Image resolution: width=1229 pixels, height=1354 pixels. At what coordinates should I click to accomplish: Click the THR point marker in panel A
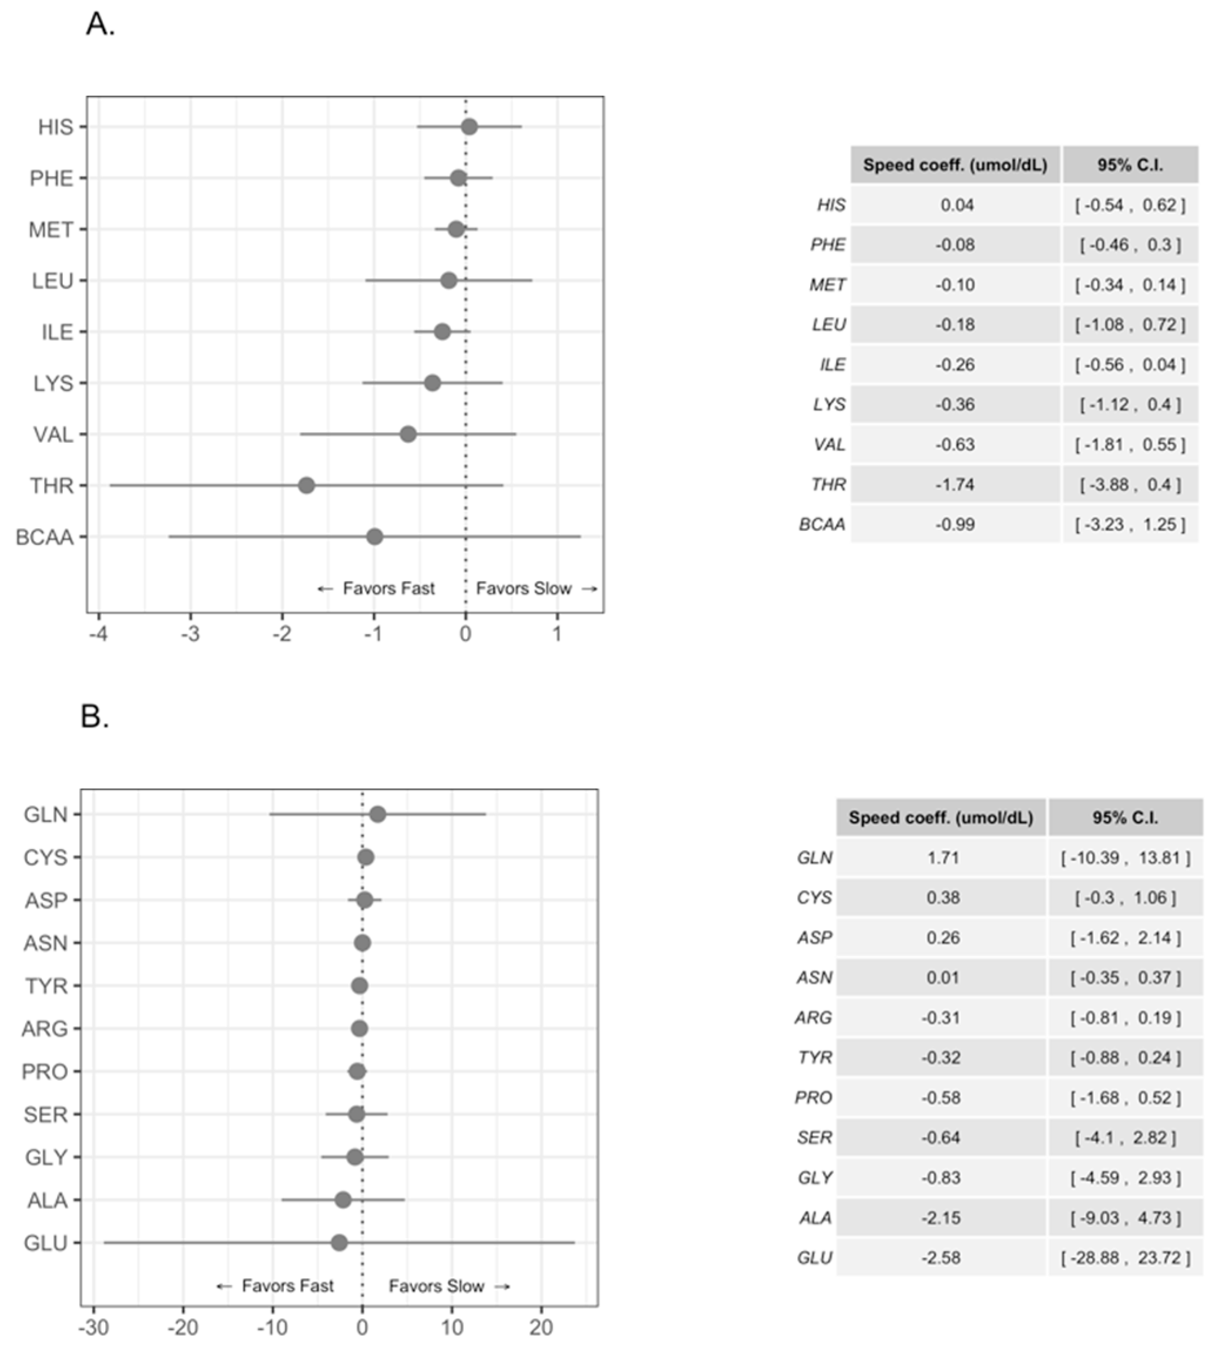307,485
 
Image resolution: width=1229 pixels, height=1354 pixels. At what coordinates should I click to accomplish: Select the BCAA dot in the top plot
375,537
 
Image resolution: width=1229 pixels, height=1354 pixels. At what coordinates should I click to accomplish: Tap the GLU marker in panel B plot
340,1242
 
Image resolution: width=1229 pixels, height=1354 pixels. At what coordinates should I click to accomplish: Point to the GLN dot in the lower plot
378,814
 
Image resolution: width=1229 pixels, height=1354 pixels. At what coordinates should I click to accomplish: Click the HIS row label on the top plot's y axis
56,127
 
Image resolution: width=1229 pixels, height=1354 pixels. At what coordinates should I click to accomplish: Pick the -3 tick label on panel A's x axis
190,634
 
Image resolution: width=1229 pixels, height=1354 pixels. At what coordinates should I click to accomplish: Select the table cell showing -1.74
955,484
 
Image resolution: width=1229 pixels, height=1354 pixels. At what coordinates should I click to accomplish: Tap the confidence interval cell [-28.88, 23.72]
1126,1257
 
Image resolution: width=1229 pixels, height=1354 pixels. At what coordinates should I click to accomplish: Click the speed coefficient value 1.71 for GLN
942,858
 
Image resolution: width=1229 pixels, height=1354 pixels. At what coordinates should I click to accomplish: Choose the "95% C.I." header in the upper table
1130,164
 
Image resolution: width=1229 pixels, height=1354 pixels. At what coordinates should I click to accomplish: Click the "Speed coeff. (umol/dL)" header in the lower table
941,817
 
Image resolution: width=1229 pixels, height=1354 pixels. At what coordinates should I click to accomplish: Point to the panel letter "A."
100,25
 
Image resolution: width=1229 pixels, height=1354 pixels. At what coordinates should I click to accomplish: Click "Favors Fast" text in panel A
388,588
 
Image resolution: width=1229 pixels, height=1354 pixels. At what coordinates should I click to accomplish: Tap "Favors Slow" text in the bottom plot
436,1285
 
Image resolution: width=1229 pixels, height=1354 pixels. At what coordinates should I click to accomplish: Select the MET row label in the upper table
827,285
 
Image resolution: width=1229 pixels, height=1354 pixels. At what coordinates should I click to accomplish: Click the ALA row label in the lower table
814,1217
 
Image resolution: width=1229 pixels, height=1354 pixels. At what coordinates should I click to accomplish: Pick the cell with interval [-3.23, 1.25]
1130,524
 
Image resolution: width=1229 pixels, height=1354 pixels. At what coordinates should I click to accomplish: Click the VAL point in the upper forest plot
408,434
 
